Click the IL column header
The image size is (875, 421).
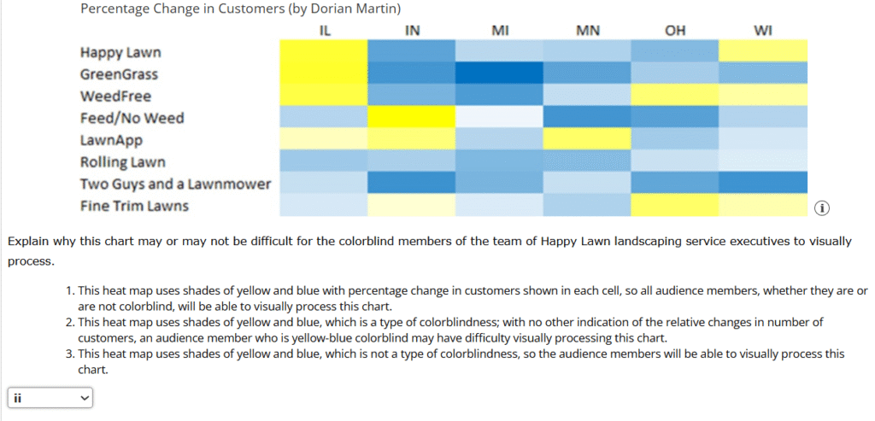324,31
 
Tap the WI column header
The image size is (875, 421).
763,31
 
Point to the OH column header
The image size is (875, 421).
675,31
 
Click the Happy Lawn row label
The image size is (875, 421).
120,53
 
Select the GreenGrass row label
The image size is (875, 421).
119,75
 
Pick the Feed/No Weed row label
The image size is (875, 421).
132,118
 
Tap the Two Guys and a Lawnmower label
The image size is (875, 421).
175,184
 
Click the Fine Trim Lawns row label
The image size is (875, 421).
134,206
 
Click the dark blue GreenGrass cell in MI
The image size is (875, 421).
500,73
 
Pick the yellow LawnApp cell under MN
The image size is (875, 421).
588,138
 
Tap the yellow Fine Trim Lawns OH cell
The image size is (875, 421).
675,205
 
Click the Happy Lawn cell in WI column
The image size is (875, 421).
763,51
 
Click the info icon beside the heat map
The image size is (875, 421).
822,208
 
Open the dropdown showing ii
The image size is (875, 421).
50,398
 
